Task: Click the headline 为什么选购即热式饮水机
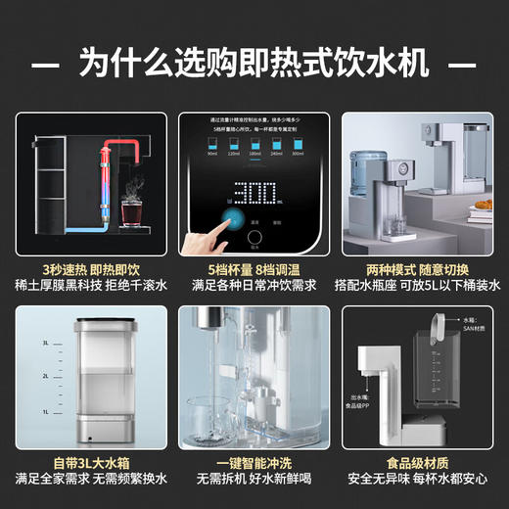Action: [254, 65]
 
